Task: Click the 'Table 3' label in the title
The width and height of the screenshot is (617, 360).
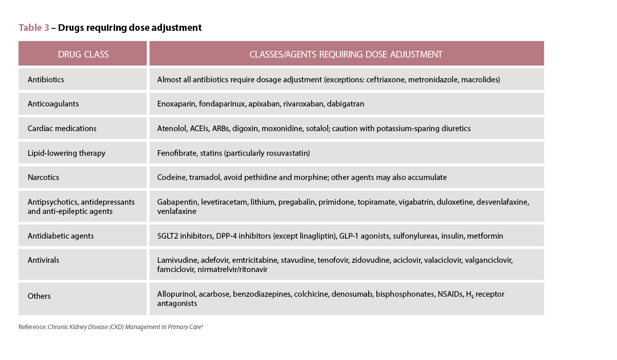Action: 34,28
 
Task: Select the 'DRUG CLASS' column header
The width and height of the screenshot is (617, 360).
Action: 83,54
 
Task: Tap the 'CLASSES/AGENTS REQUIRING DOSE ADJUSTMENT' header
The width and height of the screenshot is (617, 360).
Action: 346,54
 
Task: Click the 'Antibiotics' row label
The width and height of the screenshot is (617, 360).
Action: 46,80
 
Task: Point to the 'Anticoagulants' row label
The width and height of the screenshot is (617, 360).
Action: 53,104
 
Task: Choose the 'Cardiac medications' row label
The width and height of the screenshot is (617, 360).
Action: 62,128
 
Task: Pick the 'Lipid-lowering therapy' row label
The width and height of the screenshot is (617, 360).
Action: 66,153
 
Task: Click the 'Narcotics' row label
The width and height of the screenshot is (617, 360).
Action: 43,177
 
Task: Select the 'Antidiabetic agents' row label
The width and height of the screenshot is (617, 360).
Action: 61,236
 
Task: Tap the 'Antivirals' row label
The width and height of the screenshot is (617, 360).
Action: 43,260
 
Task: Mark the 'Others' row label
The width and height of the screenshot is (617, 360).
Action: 39,296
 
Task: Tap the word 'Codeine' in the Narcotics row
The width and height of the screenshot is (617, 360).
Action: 171,177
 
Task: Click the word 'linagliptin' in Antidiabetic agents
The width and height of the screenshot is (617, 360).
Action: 315,236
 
